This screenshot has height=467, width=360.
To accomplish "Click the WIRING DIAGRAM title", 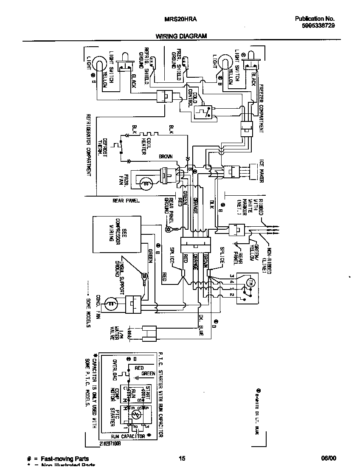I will coord(181,36).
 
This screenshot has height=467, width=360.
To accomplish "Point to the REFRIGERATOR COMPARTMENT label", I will coord(89,144).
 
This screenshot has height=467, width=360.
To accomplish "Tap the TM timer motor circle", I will coord(250,283).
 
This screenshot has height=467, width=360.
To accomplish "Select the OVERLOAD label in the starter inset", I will coord(114,371).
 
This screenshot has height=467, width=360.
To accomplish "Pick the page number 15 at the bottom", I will coord(182,458).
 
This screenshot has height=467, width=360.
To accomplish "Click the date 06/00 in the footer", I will coord(329,458).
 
